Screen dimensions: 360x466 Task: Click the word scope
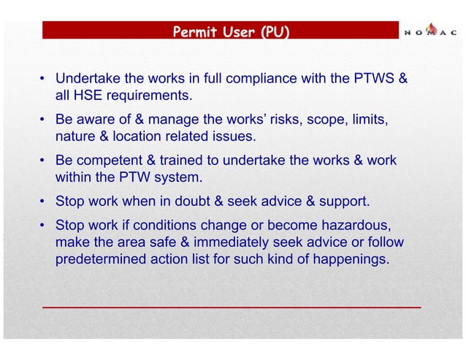click(325, 118)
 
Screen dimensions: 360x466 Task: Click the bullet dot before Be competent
click(44, 161)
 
